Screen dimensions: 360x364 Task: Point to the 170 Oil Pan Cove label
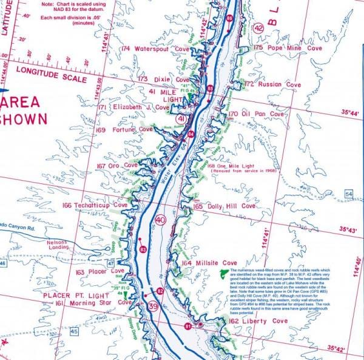pos(256,114)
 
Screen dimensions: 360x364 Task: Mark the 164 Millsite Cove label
pos(209,263)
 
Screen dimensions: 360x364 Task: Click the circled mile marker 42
pos(259,28)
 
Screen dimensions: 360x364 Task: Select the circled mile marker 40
pos(160,220)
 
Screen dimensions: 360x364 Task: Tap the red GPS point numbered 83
pos(143,250)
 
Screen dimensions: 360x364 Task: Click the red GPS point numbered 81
pos(188,327)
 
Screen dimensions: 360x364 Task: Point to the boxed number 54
pos(348,194)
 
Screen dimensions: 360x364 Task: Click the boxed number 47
pos(111,263)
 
